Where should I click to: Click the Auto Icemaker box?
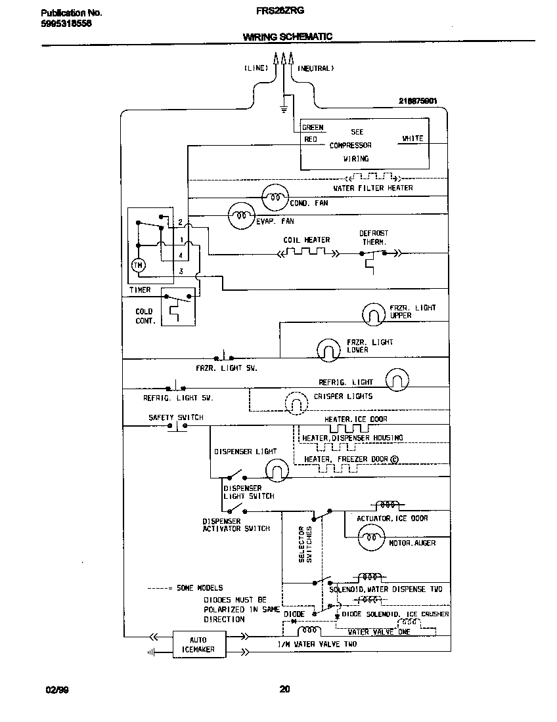(x=199, y=645)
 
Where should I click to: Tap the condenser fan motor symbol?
(x=274, y=196)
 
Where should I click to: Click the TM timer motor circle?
(x=138, y=265)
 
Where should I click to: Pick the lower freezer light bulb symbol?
(x=327, y=349)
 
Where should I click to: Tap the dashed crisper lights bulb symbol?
(x=295, y=401)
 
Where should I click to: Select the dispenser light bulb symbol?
(x=277, y=470)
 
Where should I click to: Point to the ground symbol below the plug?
(x=284, y=108)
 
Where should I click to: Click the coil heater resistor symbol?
(x=306, y=253)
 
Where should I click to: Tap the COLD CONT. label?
(x=145, y=316)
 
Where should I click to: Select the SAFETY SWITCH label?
(x=175, y=417)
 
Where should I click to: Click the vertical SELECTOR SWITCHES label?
(x=305, y=543)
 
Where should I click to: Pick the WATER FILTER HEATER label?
(x=373, y=188)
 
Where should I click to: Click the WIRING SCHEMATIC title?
(x=288, y=37)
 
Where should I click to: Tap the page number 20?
(x=284, y=689)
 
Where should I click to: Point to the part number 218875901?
(x=418, y=101)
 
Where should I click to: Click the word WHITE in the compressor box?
(x=412, y=138)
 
